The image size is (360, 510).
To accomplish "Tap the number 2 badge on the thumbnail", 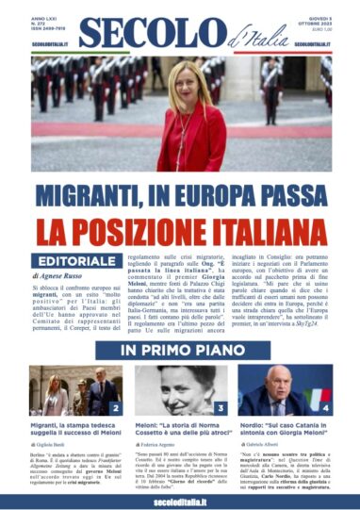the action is tap(114, 408).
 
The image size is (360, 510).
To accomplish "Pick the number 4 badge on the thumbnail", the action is tap(326, 408).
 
